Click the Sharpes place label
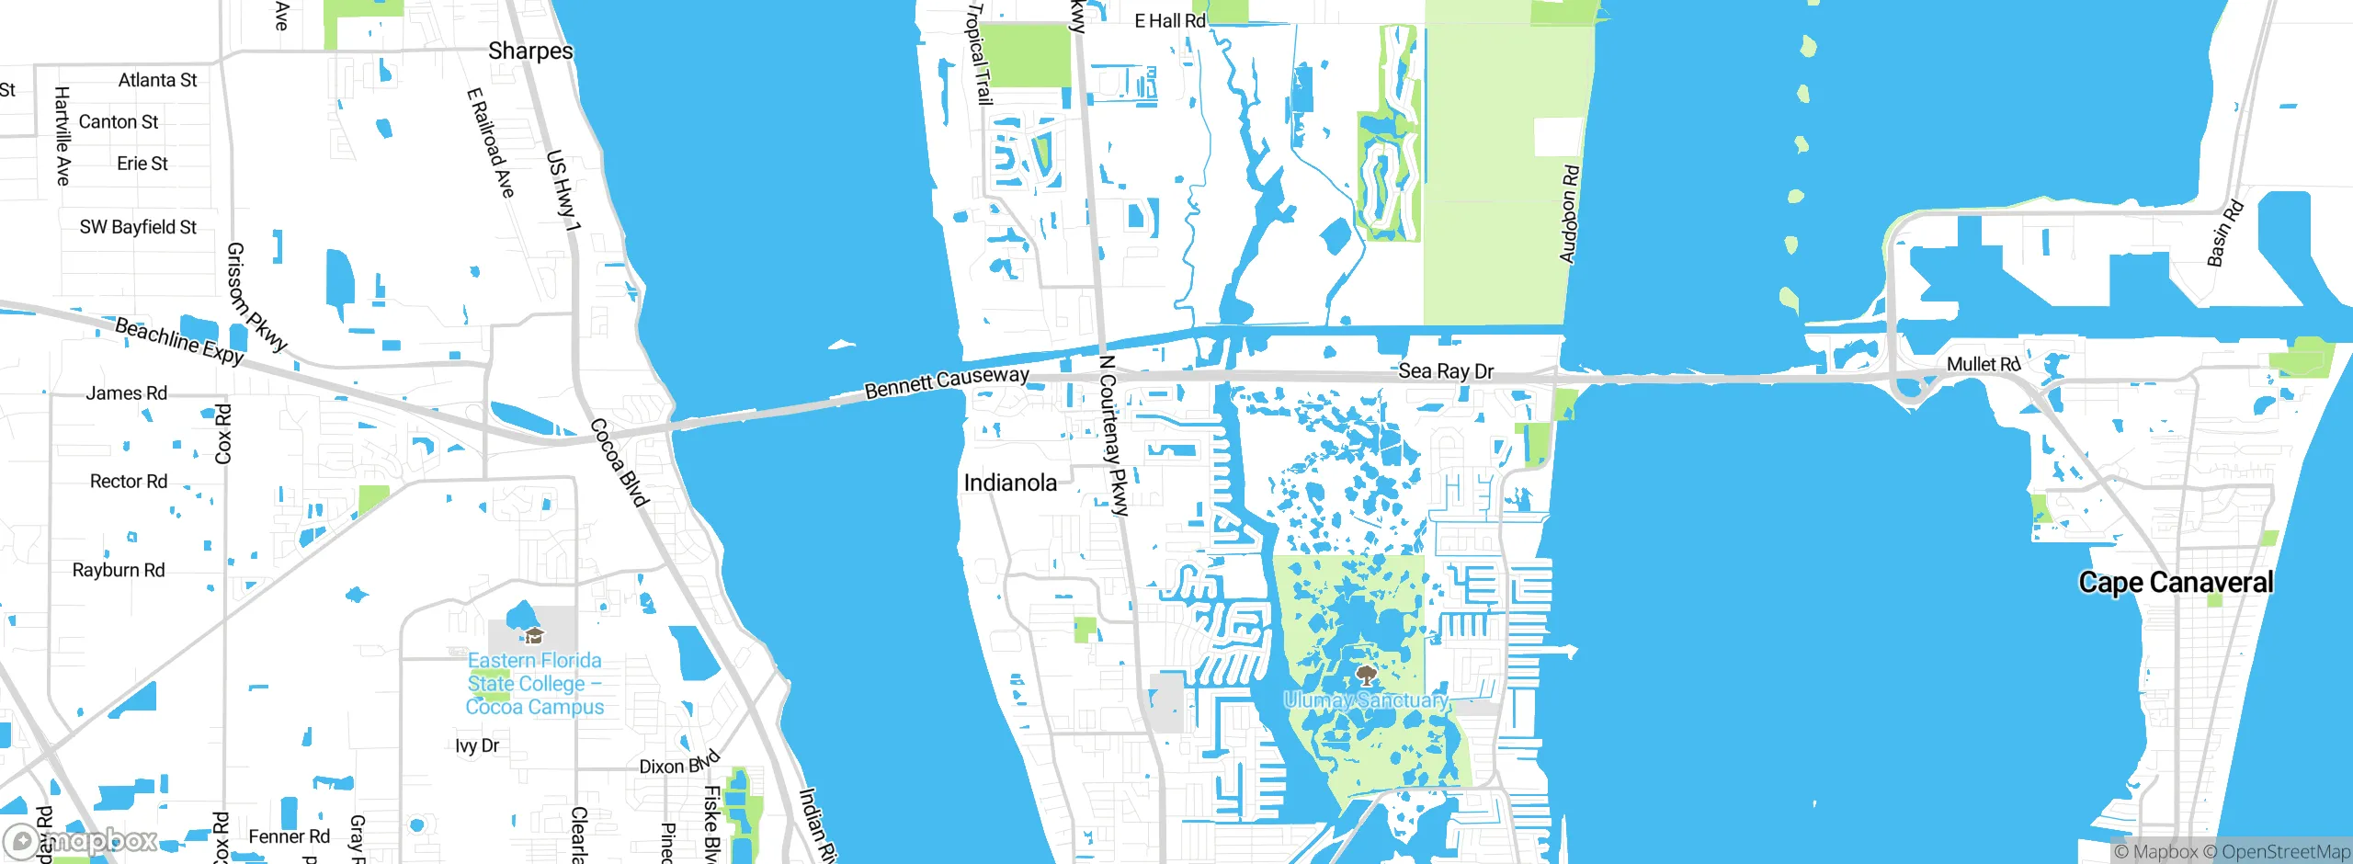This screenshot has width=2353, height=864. (x=530, y=51)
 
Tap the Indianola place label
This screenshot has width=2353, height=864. (x=1009, y=483)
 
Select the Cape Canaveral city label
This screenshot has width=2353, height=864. (x=2176, y=583)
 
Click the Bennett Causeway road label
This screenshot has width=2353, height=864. (x=946, y=382)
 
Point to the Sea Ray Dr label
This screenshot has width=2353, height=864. (x=1446, y=371)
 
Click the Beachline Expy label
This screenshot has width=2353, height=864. (x=179, y=341)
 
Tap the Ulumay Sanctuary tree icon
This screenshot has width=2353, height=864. (x=1367, y=676)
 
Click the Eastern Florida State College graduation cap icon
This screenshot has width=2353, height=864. (x=534, y=635)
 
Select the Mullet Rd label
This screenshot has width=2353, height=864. (x=1983, y=365)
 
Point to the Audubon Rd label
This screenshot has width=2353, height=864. (x=1569, y=214)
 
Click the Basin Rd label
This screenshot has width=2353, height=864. (x=2225, y=233)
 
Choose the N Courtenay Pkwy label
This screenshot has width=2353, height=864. (x=1113, y=436)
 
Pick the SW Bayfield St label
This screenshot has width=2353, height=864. (x=138, y=227)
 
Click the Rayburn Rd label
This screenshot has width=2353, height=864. (x=119, y=571)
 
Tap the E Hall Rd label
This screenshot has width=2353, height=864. (x=1169, y=21)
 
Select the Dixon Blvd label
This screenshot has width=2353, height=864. (x=679, y=764)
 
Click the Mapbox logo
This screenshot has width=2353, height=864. (x=81, y=840)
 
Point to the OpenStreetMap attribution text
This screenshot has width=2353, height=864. (x=2285, y=852)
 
